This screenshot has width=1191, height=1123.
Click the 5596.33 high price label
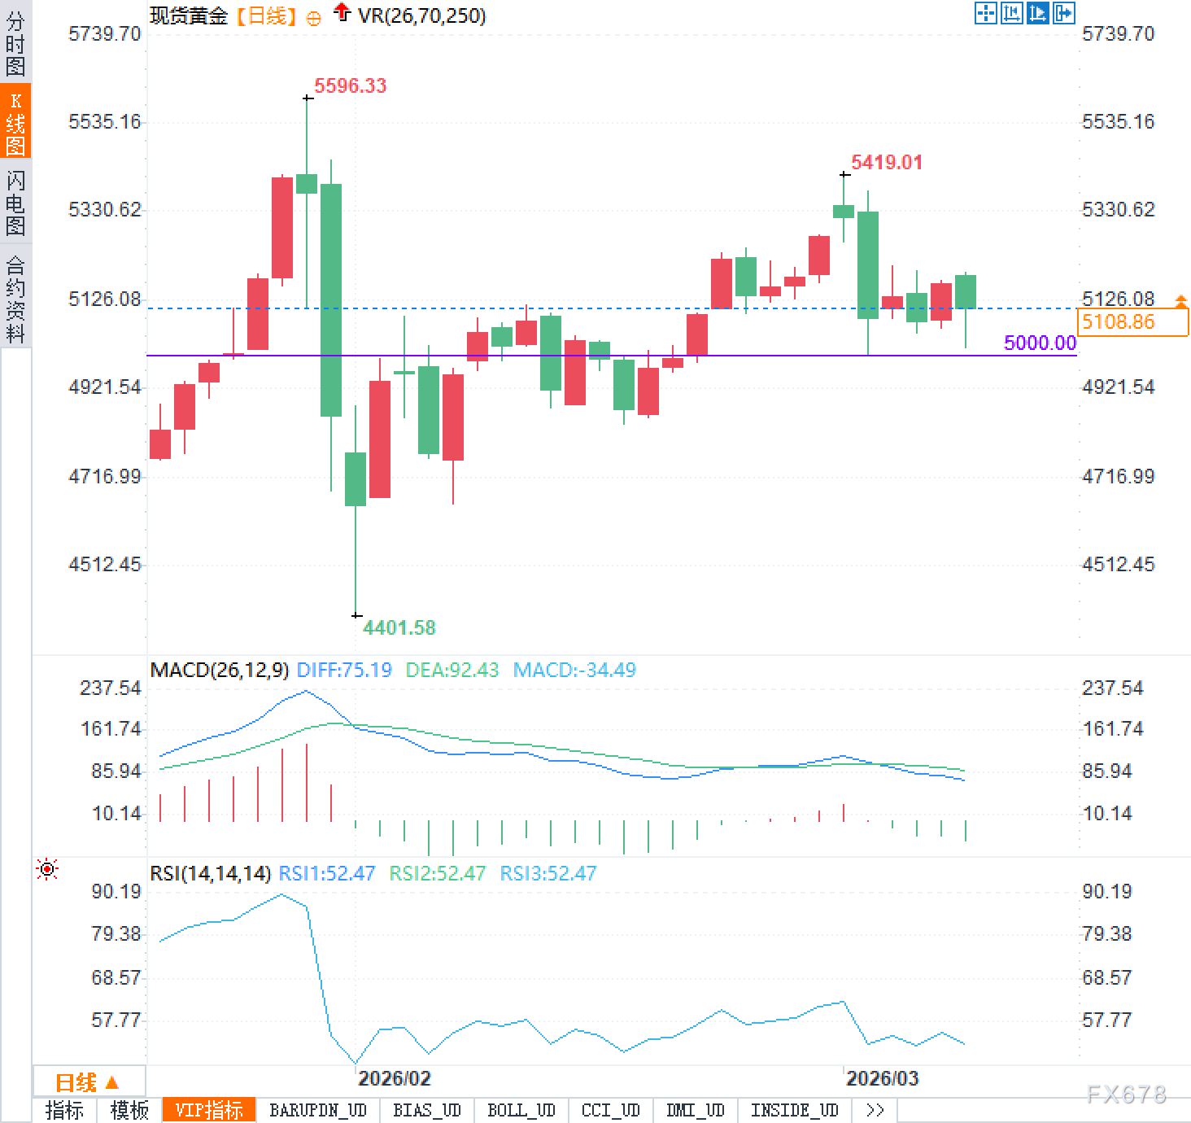(350, 85)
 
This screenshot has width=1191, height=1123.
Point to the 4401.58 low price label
(399, 627)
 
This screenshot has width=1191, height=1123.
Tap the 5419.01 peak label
(887, 162)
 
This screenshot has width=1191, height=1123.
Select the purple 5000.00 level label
(1040, 343)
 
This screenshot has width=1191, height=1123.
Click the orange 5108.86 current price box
(1132, 322)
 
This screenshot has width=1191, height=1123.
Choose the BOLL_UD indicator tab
(521, 1110)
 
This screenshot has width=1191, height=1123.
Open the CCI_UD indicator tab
(610, 1110)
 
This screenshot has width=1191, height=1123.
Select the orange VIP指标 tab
(209, 1110)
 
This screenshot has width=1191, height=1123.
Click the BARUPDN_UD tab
(318, 1110)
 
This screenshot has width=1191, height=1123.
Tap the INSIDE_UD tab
(794, 1110)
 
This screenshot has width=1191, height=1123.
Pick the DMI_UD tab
(695, 1110)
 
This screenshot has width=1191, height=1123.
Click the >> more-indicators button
(875, 1110)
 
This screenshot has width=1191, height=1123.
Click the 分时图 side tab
(15, 43)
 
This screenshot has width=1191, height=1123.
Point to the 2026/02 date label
(394, 1078)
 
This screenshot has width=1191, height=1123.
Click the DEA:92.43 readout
(452, 670)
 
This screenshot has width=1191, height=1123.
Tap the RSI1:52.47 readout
(326, 873)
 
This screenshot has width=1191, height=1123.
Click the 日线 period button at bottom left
(86, 1082)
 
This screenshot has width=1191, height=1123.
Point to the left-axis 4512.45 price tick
(104, 564)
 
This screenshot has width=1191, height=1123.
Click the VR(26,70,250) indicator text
(421, 15)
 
